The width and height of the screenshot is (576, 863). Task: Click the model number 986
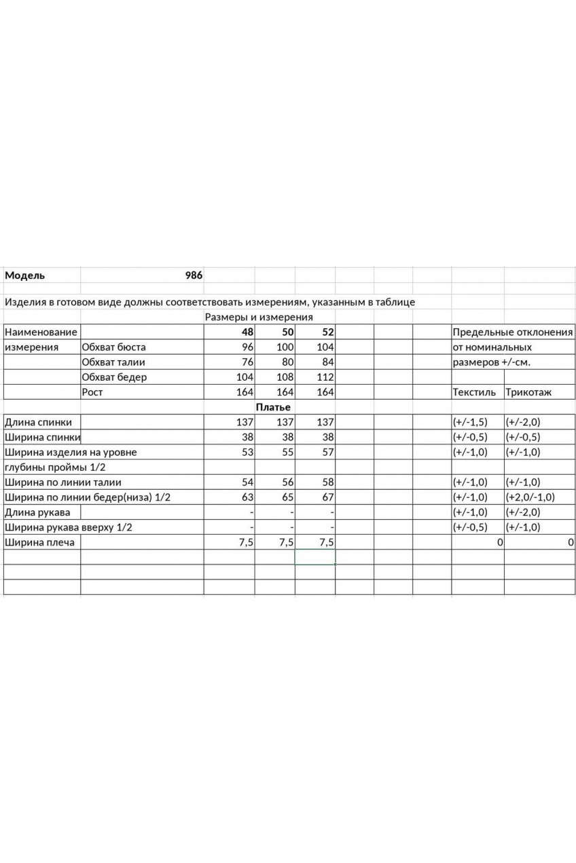194,275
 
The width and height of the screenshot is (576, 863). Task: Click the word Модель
25,275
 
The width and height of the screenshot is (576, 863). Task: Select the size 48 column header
246,332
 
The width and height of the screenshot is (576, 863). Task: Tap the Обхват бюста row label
113,347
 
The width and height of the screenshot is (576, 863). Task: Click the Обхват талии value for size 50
286,362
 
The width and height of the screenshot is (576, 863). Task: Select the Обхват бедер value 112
325,377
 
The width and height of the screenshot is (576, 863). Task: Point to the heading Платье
273,407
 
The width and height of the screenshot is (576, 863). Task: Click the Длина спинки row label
38,422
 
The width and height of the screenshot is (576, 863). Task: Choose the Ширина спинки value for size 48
247,437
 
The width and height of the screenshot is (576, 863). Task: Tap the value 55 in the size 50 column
287,452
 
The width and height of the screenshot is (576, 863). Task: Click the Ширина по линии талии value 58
327,482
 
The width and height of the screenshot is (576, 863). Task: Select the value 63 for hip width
247,497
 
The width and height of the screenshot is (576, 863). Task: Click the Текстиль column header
474,392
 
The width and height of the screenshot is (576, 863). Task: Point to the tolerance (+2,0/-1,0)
530,497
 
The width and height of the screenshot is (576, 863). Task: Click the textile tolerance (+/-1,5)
470,422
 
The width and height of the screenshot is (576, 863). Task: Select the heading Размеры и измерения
258,317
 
